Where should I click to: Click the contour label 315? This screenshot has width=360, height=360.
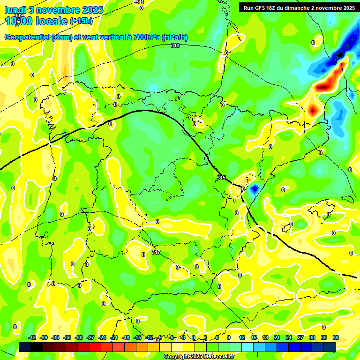point(221,178)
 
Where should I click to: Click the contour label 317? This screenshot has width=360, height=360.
point(156,252)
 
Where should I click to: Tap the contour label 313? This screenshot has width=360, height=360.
point(175,45)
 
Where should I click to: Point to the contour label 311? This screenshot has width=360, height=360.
point(140,2)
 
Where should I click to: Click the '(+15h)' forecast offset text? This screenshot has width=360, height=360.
point(81,21)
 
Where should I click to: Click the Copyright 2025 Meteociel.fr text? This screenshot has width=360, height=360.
point(199,357)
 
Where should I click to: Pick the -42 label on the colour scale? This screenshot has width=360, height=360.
point(32,337)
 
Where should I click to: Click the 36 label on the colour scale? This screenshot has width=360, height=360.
point(336,337)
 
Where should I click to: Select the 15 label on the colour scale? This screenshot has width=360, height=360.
point(254,337)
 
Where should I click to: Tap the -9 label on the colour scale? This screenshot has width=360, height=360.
point(160,337)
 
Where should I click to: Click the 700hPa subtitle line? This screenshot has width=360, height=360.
point(96,37)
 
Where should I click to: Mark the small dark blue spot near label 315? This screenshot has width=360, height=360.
point(254,189)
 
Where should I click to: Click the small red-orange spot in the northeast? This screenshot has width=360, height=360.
point(313,111)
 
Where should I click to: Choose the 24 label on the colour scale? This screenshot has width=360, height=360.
point(289,337)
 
